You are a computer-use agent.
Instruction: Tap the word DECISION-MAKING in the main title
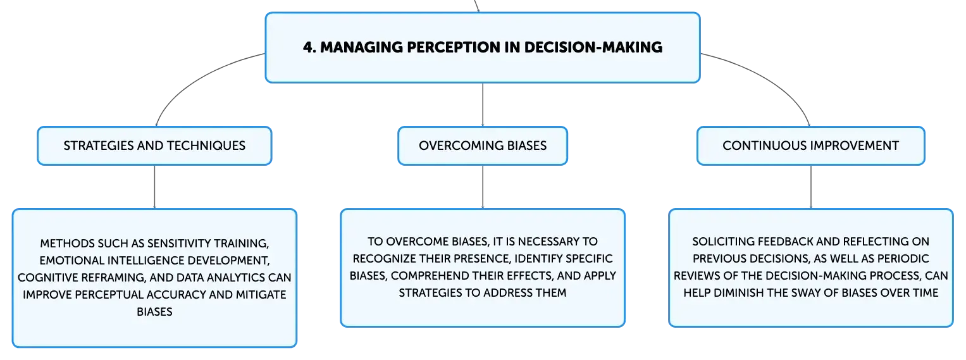593,47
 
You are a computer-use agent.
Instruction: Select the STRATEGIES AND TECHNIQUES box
154,146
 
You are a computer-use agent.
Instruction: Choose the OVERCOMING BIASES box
483,146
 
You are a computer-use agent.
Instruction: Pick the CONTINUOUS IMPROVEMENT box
811,146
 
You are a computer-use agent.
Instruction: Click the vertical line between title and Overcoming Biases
483,105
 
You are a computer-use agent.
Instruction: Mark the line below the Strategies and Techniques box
154,187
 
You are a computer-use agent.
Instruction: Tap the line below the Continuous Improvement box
811,187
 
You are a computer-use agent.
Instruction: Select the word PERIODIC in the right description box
903,259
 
